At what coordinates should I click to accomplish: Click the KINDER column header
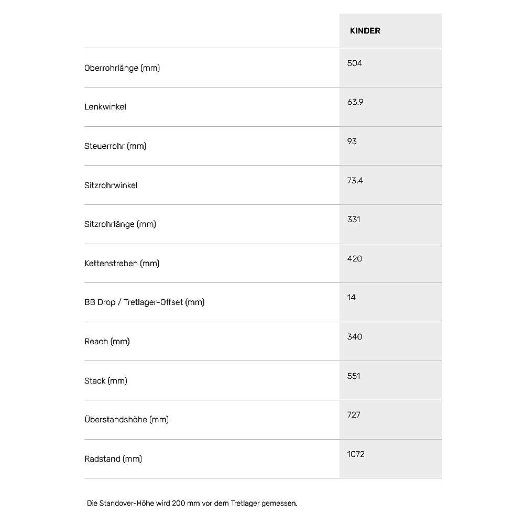coord(365,31)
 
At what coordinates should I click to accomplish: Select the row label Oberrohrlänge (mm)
coord(122,68)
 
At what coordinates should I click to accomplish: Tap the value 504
coord(355,63)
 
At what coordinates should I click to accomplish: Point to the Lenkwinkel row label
coord(105,107)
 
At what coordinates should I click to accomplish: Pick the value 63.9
coord(355,102)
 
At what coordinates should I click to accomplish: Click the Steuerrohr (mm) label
coord(115,146)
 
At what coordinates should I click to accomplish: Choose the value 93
coord(352,141)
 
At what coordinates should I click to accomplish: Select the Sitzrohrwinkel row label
coord(111,185)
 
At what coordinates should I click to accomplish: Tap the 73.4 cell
coord(355,181)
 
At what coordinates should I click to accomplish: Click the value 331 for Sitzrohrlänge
coord(354,220)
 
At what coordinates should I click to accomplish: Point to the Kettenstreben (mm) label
coord(122,264)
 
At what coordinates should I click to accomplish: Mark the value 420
coord(355,259)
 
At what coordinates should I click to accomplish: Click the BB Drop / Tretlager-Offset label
coord(144,302)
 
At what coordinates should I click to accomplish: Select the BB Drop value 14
coord(351,298)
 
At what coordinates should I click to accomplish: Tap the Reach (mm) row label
coord(107,342)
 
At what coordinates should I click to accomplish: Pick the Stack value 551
coord(354,376)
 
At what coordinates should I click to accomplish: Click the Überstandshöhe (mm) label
coord(126,420)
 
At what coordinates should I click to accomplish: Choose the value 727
coord(354,415)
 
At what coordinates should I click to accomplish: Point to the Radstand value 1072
coord(356,454)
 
